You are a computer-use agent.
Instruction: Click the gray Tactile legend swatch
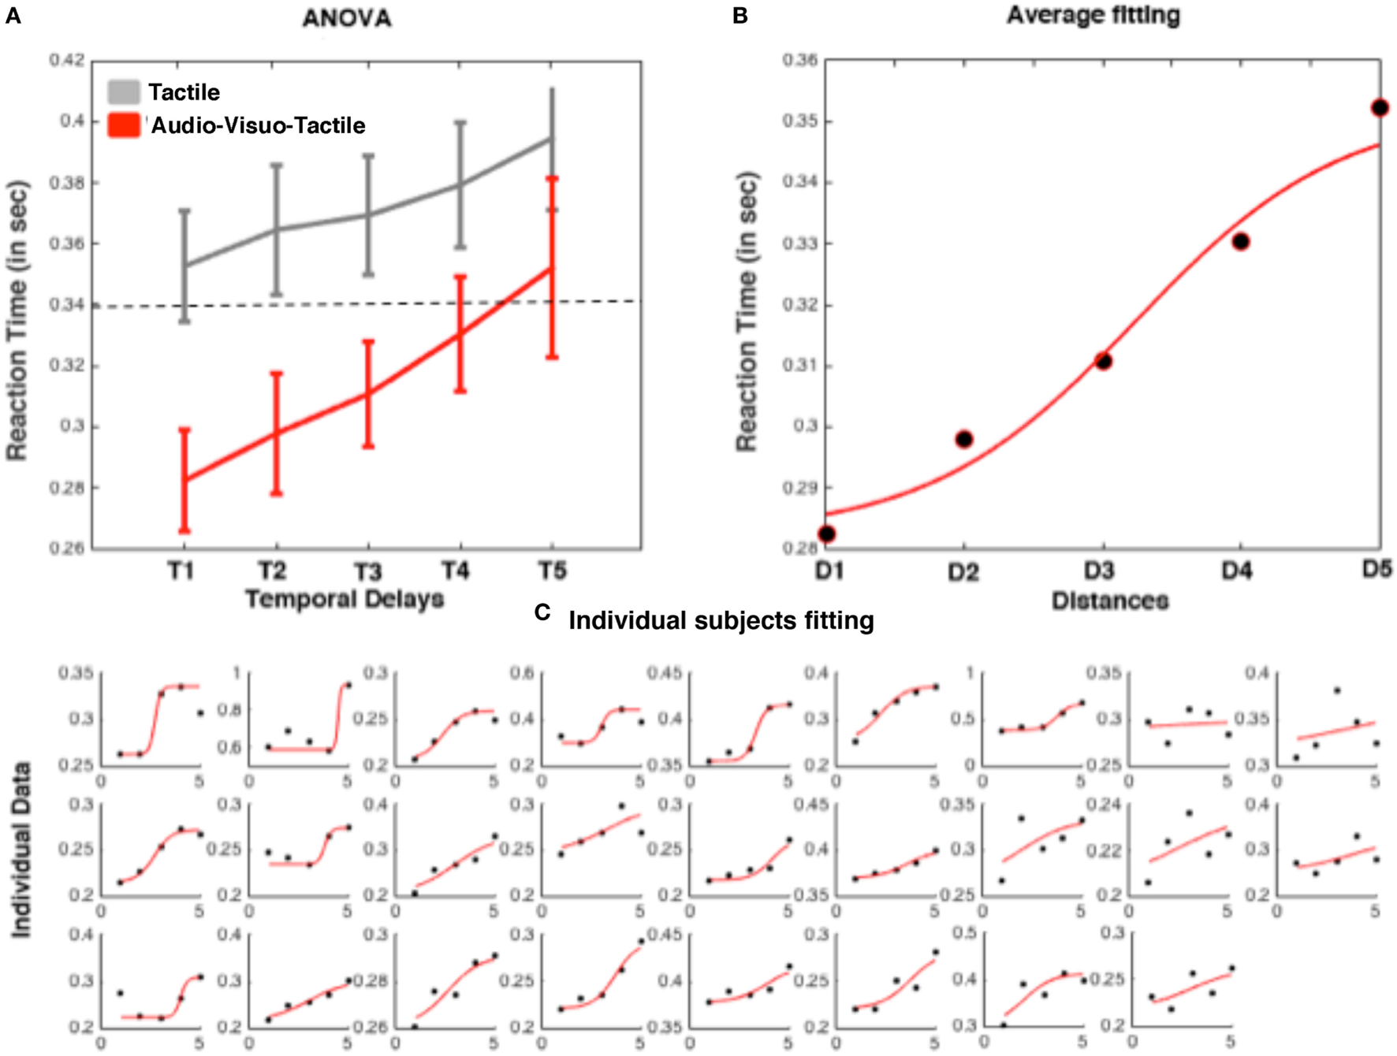124,92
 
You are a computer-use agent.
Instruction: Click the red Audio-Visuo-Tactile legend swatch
124,125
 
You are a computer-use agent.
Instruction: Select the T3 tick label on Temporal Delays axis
367,571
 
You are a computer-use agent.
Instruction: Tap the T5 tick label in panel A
552,571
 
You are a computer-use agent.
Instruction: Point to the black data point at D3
1103,362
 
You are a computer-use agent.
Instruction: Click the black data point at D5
1379,108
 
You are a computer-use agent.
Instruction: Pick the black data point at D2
963,439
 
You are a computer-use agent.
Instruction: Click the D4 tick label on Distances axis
1236,571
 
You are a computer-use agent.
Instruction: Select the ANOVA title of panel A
347,18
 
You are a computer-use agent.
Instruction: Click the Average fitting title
1093,15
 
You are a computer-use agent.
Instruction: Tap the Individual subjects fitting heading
721,621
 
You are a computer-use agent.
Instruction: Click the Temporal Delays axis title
345,600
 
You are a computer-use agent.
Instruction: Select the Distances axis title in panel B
1109,601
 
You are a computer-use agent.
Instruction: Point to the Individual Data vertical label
21,850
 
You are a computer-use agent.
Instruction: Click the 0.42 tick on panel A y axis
67,61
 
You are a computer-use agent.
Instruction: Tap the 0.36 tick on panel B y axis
799,61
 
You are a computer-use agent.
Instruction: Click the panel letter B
739,16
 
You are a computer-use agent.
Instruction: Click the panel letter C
542,612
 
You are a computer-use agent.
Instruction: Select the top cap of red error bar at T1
184,429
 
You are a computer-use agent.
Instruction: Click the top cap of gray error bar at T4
460,122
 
